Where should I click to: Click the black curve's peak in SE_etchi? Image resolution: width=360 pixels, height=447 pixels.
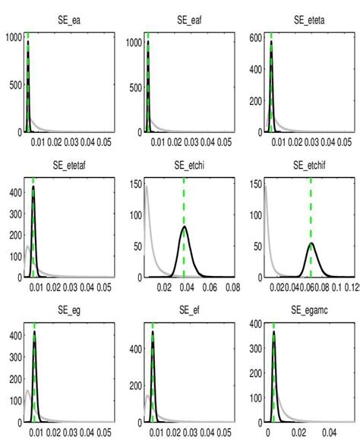point(183,227)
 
